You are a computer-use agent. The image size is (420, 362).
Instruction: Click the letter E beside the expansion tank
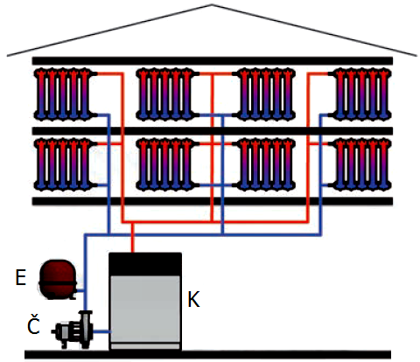click(20, 277)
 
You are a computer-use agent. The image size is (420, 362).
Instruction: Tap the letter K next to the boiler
click(193, 299)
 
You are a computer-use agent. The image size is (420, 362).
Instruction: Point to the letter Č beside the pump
click(33, 324)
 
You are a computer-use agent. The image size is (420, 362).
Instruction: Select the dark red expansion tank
click(58, 279)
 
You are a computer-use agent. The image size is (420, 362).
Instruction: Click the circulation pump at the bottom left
click(73, 330)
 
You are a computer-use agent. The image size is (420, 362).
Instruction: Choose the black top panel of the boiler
click(145, 264)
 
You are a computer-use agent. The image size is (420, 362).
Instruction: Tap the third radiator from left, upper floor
click(264, 94)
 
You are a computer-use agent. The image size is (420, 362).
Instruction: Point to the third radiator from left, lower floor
click(264, 164)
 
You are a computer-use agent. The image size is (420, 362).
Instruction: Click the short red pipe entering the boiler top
click(132, 238)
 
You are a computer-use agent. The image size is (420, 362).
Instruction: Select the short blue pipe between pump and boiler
click(101, 331)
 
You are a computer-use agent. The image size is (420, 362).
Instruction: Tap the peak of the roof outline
click(212, 4)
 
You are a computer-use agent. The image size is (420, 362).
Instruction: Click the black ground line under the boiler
click(207, 354)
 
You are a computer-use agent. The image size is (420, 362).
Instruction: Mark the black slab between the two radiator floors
click(213, 131)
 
